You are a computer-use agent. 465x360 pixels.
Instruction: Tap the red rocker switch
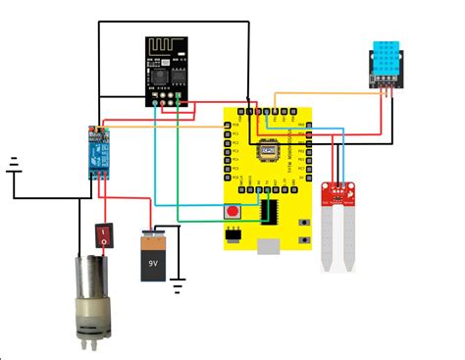(x=103, y=236)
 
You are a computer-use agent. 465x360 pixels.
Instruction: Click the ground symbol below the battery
(x=178, y=287)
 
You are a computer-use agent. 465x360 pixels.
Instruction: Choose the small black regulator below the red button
(x=233, y=234)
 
